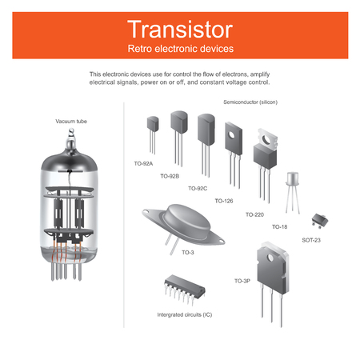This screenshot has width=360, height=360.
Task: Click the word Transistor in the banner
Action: (180, 30)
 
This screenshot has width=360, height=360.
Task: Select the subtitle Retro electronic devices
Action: (181, 49)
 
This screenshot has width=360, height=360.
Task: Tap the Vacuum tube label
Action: (71, 122)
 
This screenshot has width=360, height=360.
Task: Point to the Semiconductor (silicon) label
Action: (250, 102)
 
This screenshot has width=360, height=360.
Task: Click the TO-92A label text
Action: (143, 163)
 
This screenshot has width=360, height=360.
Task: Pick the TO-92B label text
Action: (170, 176)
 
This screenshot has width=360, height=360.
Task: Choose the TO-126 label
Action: (224, 201)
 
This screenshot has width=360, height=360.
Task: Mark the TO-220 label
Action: (254, 214)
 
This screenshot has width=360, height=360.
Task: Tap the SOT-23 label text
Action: (311, 240)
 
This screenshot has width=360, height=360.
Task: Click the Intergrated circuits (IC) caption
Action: (185, 314)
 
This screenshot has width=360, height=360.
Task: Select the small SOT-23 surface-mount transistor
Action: (320, 220)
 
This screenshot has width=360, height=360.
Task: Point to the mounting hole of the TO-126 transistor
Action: (231, 135)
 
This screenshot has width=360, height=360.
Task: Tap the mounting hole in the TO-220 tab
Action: (266, 139)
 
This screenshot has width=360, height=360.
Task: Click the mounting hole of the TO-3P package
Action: (270, 258)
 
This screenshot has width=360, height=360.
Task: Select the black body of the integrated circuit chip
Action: (185, 285)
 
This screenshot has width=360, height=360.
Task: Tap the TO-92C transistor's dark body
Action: (206, 130)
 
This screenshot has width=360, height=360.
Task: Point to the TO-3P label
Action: (242, 281)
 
